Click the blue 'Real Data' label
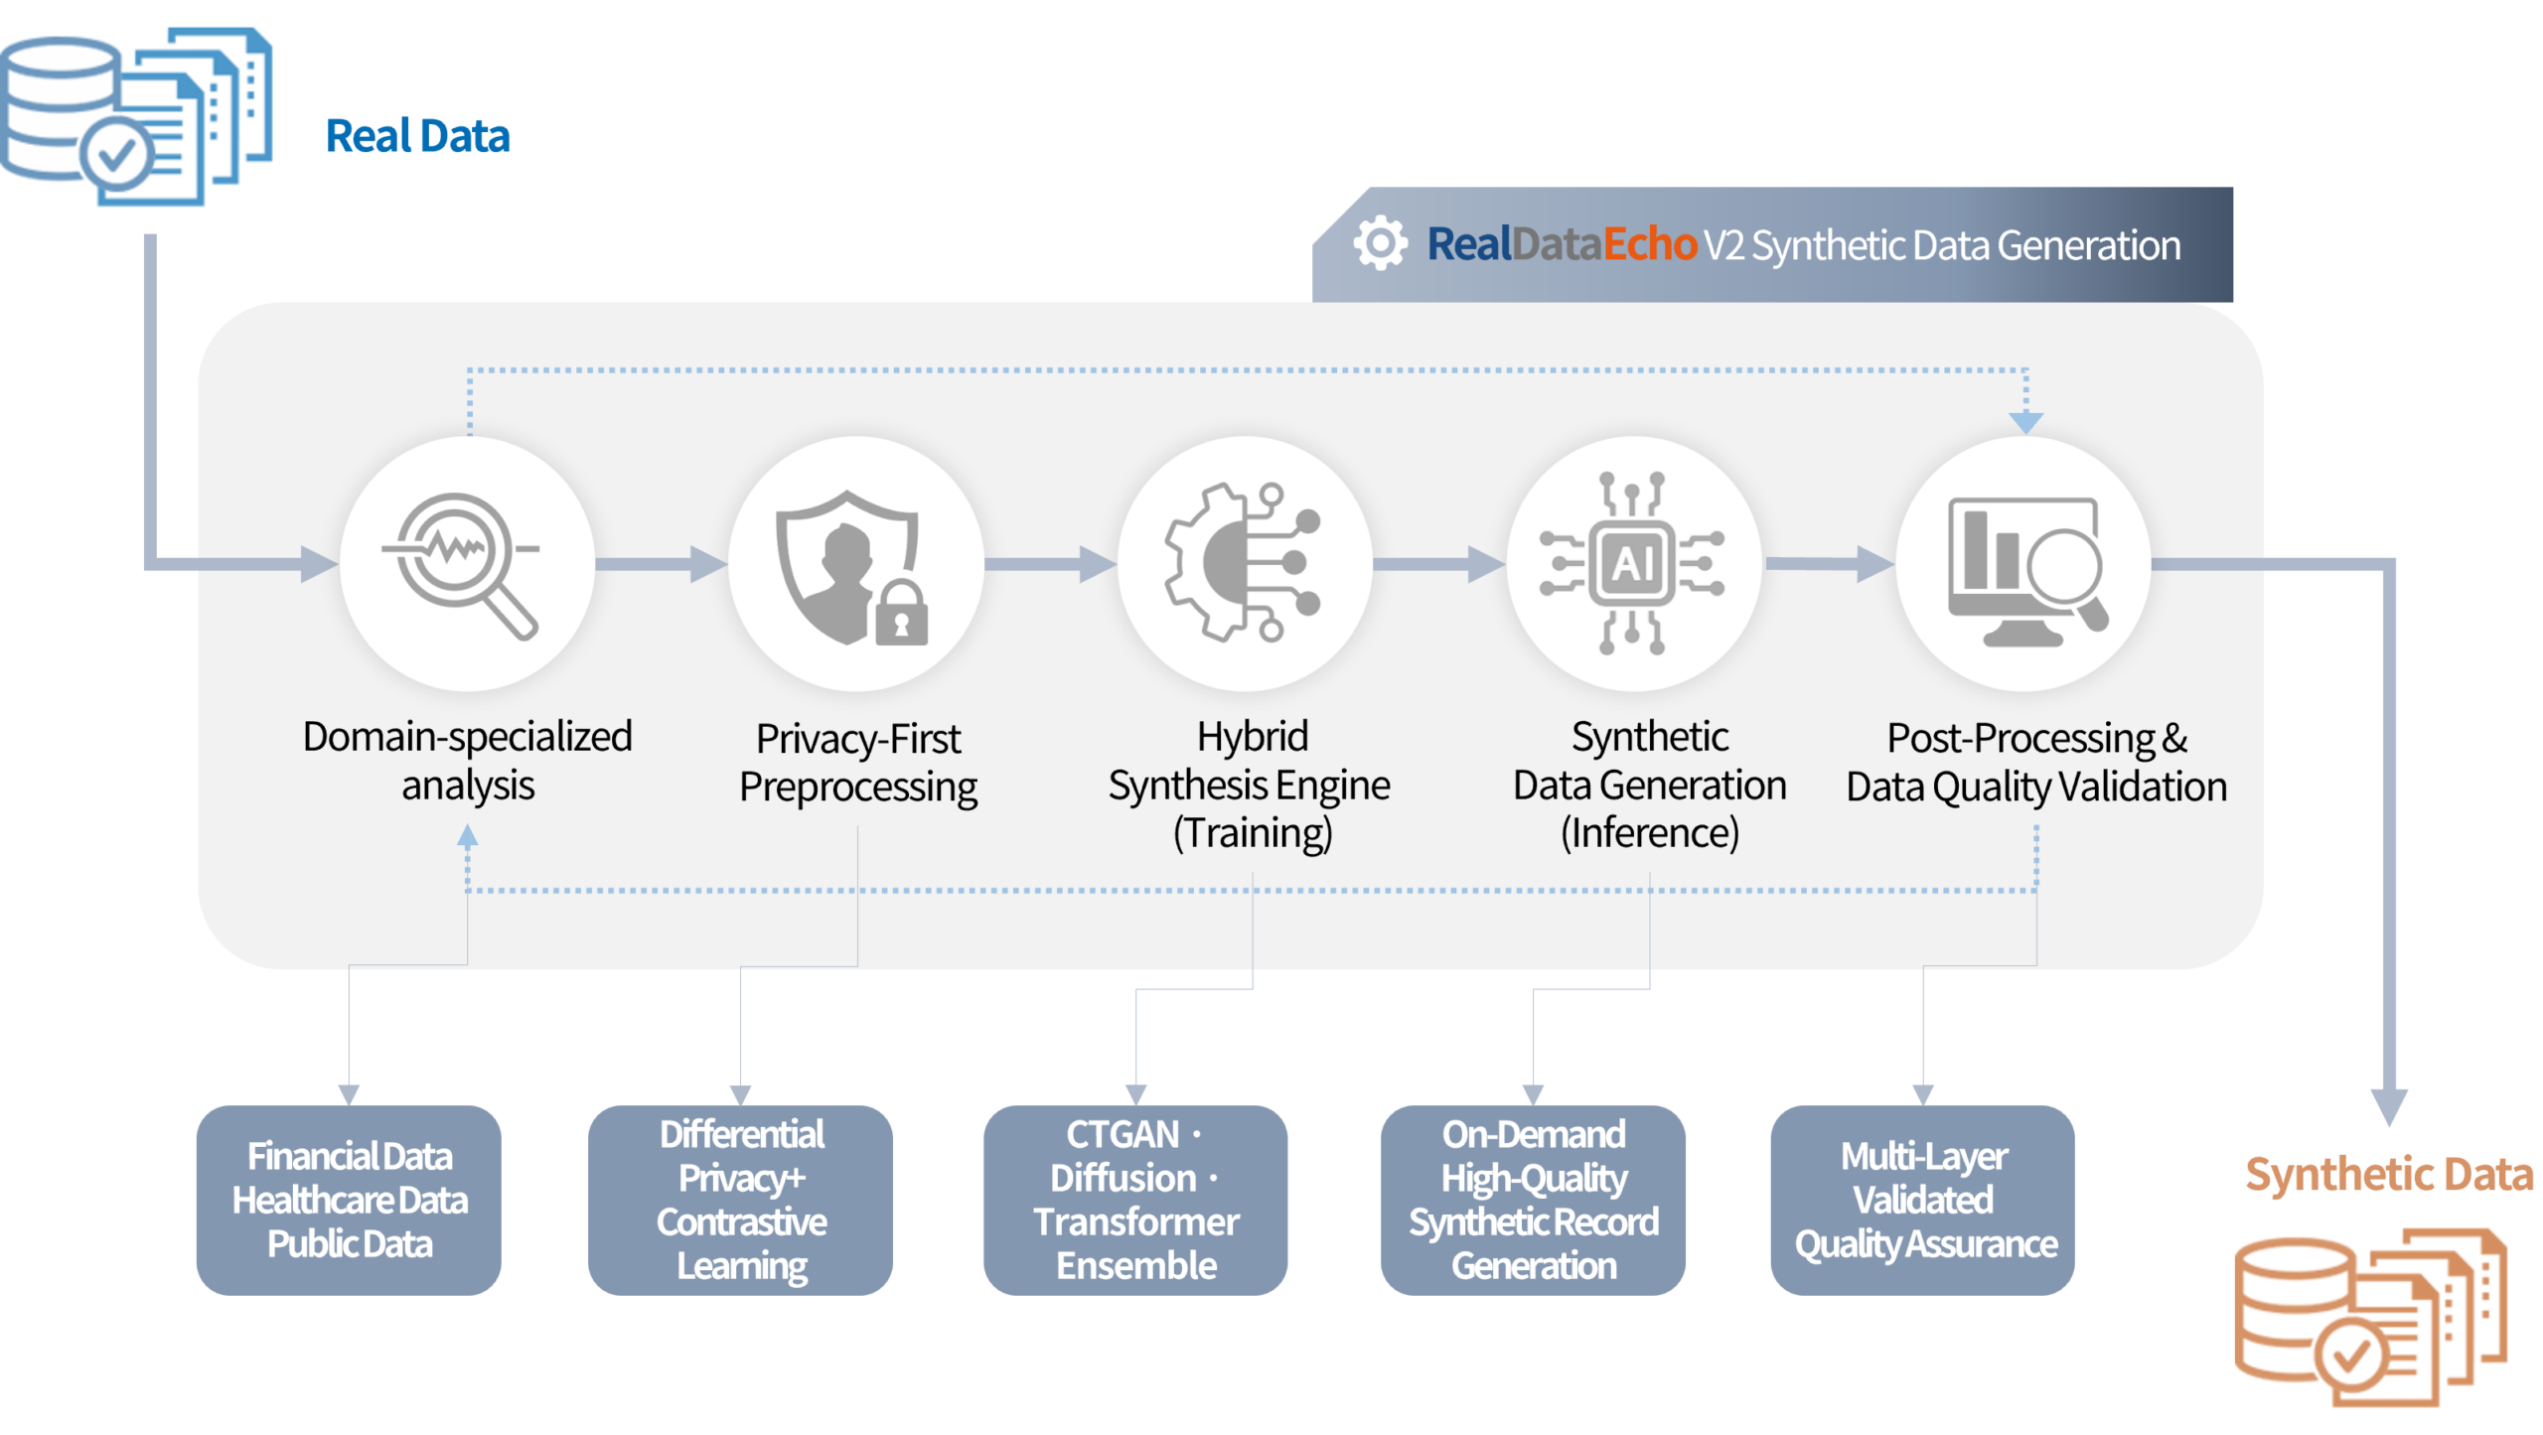click(x=417, y=136)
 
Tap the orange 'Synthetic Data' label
click(x=2389, y=1174)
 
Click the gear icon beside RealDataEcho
click(x=1380, y=243)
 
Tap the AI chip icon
click(x=1633, y=563)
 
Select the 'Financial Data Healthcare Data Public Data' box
click(x=349, y=1200)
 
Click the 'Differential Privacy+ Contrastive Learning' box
click(x=741, y=1200)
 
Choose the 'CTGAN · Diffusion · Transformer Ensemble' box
click(x=1135, y=1200)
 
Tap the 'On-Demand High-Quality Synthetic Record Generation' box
click(x=1533, y=1200)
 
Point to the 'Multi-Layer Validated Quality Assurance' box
click(x=1923, y=1200)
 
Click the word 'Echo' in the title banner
click(x=1650, y=244)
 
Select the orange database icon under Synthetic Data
click(x=2369, y=1316)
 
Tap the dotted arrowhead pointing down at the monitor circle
click(x=2025, y=422)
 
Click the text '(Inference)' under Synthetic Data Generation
click(x=1650, y=832)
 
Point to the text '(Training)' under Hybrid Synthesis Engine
click(x=1253, y=832)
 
